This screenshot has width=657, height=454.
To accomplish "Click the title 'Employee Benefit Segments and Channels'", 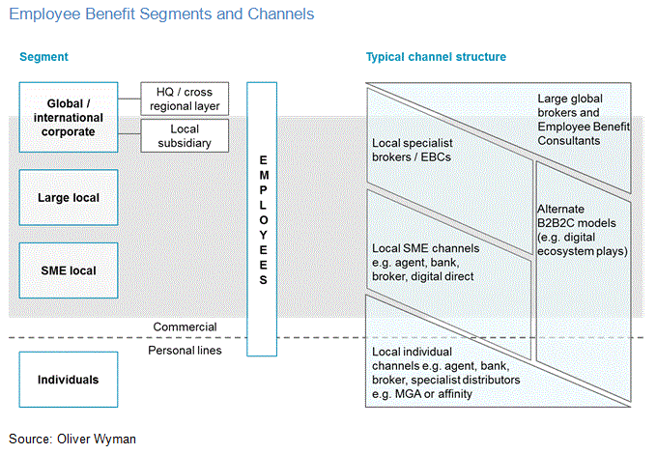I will pyautogui.click(x=161, y=15).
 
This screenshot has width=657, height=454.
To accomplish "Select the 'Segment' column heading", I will pyautogui.click(x=43, y=58).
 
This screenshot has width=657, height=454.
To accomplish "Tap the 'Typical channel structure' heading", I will pyautogui.click(x=436, y=58).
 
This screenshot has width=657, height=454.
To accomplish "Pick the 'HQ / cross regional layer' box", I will pyautogui.click(x=186, y=99).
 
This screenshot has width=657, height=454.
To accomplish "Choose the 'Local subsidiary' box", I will pyautogui.click(x=186, y=135).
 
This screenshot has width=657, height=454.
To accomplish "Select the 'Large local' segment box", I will pyautogui.click(x=69, y=198).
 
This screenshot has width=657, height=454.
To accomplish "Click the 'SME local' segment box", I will pyautogui.click(x=69, y=271).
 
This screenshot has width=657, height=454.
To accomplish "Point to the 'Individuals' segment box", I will pyautogui.click(x=69, y=380).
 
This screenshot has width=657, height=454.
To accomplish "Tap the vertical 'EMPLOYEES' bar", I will pyautogui.click(x=264, y=219).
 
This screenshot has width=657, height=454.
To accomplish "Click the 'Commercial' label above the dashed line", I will pyautogui.click(x=186, y=327).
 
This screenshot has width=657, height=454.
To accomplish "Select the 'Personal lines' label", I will pyautogui.click(x=185, y=351).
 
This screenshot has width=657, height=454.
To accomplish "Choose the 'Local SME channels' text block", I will pyautogui.click(x=426, y=261).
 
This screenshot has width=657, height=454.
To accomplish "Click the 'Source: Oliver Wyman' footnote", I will pyautogui.click(x=72, y=439).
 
